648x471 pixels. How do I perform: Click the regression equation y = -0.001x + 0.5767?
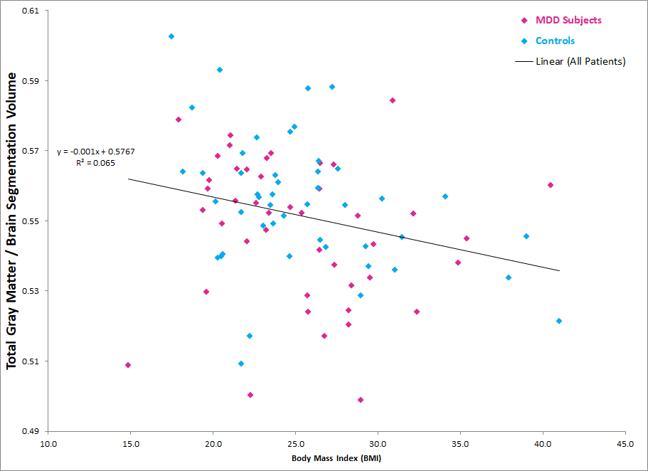96,152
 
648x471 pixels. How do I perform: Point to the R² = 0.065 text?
95,163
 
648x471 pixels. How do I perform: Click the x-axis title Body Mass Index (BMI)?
336,458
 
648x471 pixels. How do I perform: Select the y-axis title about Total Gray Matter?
11,221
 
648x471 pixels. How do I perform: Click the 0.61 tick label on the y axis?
30,11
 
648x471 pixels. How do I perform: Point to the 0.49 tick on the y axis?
30,431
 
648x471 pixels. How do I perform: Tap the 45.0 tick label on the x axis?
625,444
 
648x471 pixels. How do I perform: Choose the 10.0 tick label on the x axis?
48,444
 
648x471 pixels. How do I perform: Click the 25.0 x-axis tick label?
295,444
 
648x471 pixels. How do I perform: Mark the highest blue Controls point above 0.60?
171,36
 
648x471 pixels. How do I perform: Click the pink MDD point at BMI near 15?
128,365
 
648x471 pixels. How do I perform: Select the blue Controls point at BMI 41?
559,321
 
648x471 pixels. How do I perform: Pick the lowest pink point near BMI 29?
361,400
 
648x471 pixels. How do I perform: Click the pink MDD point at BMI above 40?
551,185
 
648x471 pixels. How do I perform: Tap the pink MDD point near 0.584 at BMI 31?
393,100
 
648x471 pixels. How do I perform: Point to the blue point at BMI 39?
526,236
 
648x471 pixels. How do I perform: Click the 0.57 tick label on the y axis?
30,151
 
